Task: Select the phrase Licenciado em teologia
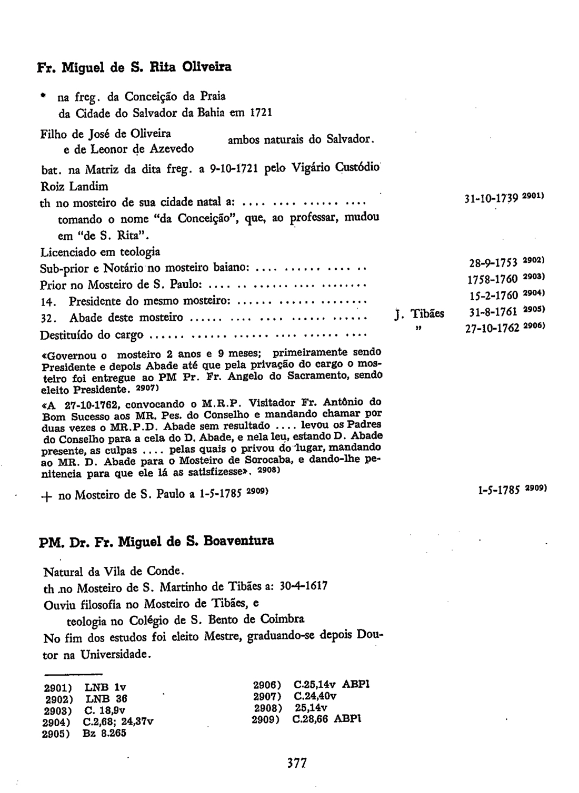click(100, 252)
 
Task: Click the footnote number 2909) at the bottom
click(265, 719)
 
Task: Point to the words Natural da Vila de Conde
click(114, 571)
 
